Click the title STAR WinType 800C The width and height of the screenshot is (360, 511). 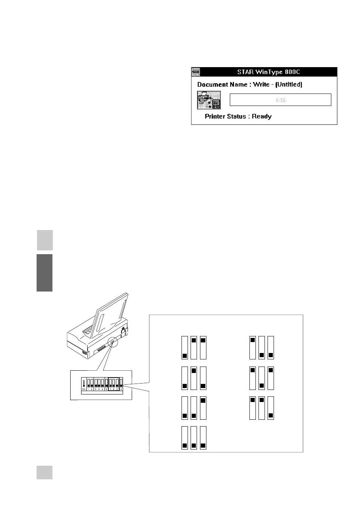[268, 72]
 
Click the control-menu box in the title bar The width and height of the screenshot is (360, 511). [195, 72]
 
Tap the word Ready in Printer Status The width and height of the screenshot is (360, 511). [262, 117]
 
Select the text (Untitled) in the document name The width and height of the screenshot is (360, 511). [289, 84]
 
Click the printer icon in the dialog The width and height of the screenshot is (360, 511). [209, 100]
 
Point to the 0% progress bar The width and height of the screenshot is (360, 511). [280, 100]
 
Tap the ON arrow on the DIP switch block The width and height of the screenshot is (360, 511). [83, 384]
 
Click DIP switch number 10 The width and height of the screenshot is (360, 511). [121, 384]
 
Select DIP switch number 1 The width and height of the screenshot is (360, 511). [88, 384]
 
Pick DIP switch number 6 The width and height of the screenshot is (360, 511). [106, 384]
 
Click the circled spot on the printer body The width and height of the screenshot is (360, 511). [112, 342]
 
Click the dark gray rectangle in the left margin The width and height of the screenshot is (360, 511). [45, 272]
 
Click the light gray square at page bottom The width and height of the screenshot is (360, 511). [45, 472]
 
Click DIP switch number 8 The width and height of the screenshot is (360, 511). [114, 384]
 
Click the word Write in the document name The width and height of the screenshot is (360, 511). [261, 84]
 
